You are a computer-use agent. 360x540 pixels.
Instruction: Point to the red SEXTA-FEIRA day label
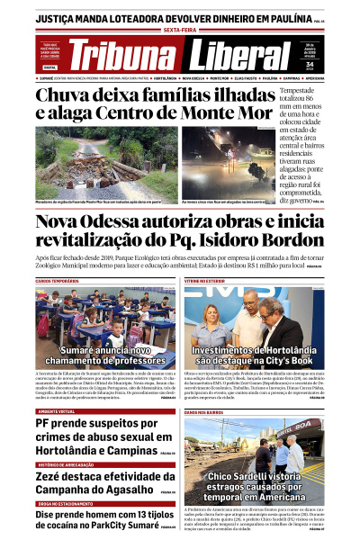(180, 29)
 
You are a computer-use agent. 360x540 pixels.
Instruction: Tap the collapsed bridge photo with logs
(94, 162)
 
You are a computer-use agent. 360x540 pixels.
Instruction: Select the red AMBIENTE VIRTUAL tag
(56, 410)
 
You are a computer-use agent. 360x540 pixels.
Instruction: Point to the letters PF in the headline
(47, 424)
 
